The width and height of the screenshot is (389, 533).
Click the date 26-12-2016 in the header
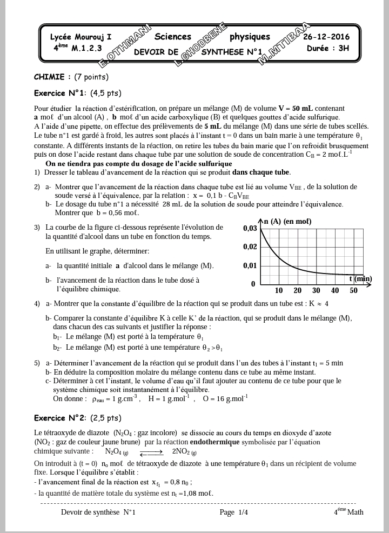(x=326, y=37)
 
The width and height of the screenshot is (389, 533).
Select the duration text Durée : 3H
(x=328, y=48)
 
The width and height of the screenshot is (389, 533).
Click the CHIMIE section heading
(x=52, y=77)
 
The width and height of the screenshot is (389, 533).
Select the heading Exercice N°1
(x=60, y=92)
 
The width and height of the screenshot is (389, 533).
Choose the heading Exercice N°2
(x=60, y=418)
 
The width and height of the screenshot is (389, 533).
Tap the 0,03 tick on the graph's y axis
(x=250, y=229)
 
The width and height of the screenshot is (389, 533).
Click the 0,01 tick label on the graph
(x=250, y=265)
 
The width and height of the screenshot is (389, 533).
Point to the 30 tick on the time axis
(x=316, y=291)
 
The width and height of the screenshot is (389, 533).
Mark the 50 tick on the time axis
(x=353, y=291)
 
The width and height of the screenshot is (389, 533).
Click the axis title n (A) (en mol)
(x=289, y=222)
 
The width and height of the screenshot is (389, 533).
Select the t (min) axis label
(x=360, y=279)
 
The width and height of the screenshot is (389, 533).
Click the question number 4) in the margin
(x=37, y=303)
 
